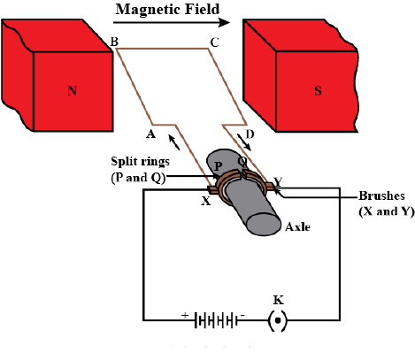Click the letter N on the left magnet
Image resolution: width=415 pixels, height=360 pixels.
(73, 90)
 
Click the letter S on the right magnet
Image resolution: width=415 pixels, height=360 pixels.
(318, 90)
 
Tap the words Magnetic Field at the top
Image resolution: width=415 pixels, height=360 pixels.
(167, 10)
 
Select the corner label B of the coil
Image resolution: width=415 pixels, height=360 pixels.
(114, 42)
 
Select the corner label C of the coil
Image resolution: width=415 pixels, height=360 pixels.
(214, 42)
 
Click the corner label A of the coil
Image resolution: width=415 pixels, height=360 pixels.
(150, 134)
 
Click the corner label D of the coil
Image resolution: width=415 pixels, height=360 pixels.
(250, 134)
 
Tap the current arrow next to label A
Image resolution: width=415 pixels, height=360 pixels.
(174, 142)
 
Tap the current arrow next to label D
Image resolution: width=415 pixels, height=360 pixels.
(244, 142)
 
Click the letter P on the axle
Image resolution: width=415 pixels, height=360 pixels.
(218, 166)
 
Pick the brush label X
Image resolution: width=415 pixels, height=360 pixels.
(206, 201)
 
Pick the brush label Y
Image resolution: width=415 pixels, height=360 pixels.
(278, 182)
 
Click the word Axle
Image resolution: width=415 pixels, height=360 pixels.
(297, 227)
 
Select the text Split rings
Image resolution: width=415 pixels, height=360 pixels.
(140, 161)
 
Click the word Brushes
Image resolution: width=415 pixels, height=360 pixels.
(381, 195)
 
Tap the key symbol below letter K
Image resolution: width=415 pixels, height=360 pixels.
(277, 320)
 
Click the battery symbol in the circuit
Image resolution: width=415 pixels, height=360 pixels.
(216, 320)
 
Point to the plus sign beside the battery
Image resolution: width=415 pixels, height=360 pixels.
(185, 315)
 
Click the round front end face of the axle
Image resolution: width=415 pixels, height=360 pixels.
(264, 224)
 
